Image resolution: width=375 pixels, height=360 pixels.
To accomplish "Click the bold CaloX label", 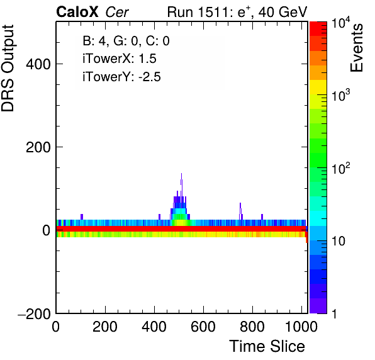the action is coord(77,12).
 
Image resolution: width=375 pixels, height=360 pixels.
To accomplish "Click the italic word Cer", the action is coord(117,12).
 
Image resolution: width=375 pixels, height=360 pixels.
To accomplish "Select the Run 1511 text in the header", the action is coord(198,12).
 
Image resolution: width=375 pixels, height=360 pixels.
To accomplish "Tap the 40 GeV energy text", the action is coord(283,12).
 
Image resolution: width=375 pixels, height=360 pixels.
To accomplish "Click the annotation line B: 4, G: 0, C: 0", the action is coord(126,41).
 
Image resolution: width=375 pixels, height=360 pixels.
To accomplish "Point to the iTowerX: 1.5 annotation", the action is coord(120,59).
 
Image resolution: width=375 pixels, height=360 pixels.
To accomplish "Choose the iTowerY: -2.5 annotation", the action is coord(121,77).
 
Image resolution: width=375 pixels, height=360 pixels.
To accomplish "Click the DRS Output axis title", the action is coord(8,68).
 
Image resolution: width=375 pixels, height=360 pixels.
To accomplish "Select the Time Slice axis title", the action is coord(267,346).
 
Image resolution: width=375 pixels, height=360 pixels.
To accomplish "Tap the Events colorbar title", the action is coord(357,48).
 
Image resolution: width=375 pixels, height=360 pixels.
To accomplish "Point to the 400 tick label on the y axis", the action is coord(38,64).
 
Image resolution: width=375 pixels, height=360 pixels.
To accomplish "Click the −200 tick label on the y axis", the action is coord(34,313).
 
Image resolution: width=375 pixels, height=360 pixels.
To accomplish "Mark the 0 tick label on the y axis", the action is coord(47,230).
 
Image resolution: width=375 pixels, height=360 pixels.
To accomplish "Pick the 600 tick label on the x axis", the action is coord(203,327).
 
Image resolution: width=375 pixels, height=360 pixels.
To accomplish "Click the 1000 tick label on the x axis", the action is coord(301,327).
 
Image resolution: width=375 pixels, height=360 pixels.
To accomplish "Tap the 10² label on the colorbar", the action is coord(341,168).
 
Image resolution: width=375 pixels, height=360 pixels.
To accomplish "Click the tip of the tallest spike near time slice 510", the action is coord(181,174).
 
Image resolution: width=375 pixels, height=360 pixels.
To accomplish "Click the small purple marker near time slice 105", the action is coord(82,217).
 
